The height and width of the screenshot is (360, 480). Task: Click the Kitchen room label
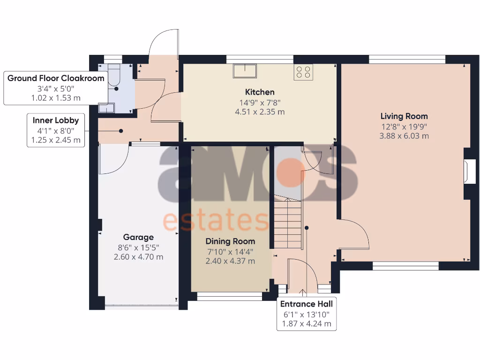pos(260,92)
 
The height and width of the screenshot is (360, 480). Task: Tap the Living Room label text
pos(404,116)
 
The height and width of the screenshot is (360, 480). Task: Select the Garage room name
pos(138,237)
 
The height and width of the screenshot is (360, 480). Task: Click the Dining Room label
pos(230,241)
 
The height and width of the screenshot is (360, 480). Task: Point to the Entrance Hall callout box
pos(306,314)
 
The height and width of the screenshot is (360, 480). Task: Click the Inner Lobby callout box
pos(55,130)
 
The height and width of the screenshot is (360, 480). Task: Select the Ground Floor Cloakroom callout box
pos(55,88)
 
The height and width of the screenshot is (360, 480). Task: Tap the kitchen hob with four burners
pos(303,72)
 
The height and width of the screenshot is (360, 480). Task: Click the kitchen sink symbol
pos(245,71)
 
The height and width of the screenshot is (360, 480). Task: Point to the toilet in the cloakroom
pos(114,79)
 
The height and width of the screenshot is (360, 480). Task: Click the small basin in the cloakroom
pos(106,108)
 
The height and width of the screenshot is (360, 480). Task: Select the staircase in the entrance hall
pos(286,223)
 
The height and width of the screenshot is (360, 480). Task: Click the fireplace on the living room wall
pos(469,172)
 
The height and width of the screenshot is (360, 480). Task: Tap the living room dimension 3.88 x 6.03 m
pos(404,136)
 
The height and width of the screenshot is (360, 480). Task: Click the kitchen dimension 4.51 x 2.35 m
pos(260,112)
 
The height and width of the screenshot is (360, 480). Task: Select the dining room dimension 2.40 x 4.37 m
pos(230,261)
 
